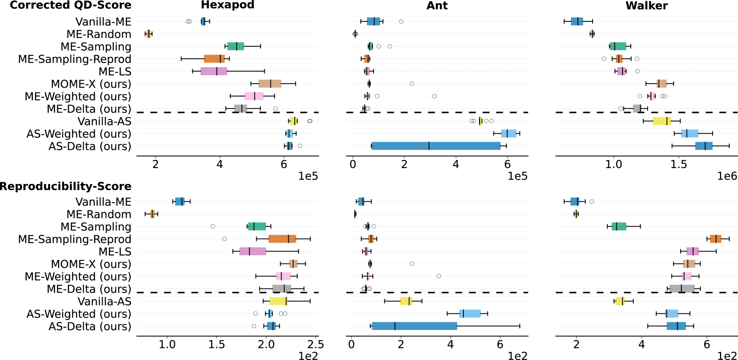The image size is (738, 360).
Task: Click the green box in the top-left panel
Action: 235,46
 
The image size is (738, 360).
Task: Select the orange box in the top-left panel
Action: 214,59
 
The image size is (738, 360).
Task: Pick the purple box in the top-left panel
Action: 214,71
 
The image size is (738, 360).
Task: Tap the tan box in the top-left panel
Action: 270,84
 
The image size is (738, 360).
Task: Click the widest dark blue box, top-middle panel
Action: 436,146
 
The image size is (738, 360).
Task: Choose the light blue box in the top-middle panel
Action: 509,133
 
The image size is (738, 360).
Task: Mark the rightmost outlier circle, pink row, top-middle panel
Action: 434,96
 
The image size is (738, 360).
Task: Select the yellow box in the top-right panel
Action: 662,121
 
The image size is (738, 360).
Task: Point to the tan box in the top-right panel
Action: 662,84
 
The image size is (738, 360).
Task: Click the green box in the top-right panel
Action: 618,46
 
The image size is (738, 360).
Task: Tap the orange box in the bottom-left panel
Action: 282,239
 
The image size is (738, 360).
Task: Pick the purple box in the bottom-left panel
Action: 253,251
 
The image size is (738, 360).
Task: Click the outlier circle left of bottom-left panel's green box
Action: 213,226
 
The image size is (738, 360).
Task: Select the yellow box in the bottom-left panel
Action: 278,301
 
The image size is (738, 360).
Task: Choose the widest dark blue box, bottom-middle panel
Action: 415,326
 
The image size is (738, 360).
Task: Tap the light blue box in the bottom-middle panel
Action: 470,313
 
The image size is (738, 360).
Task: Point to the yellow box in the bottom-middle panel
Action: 406,301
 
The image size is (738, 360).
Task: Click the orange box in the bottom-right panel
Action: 715,239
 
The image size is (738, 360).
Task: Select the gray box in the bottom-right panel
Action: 682,288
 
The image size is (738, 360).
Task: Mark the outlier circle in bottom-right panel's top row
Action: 591,201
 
